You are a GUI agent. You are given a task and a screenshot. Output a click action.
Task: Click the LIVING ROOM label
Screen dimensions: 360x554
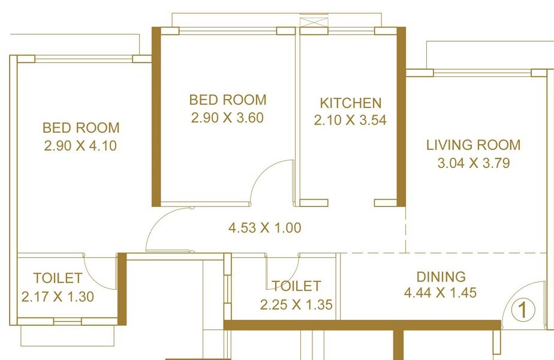[x=473, y=145]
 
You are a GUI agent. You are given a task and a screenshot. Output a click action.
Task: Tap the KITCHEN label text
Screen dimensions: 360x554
[x=350, y=103]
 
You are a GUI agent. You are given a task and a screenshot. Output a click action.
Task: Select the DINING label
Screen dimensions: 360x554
[x=441, y=277]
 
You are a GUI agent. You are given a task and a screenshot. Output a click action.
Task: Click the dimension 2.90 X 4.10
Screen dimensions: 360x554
[x=80, y=145]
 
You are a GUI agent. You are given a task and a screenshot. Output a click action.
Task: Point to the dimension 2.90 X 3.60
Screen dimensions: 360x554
[x=227, y=118]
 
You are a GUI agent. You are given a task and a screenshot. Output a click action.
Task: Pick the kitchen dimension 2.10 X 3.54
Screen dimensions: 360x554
[x=350, y=121]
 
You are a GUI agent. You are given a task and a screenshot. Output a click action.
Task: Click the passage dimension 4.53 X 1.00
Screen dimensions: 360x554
[x=264, y=228]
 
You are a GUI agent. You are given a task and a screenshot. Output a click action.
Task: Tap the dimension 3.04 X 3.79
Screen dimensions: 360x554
[x=473, y=163]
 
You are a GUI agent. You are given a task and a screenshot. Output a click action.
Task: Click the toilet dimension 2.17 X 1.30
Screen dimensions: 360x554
[x=58, y=296]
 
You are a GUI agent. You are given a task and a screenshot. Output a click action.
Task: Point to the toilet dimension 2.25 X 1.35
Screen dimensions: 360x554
[x=296, y=305]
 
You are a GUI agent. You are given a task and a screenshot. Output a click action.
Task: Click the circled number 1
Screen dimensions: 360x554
[x=523, y=311]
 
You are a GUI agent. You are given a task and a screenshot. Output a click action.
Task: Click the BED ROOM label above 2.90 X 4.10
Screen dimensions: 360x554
[x=81, y=128]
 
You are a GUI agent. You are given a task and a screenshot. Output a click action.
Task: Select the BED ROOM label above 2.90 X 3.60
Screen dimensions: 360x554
[x=228, y=100]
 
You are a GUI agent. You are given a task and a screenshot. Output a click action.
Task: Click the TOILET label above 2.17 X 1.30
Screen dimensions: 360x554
[x=58, y=278]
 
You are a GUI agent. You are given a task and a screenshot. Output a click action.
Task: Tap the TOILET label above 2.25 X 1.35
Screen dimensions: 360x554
[x=296, y=286]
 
